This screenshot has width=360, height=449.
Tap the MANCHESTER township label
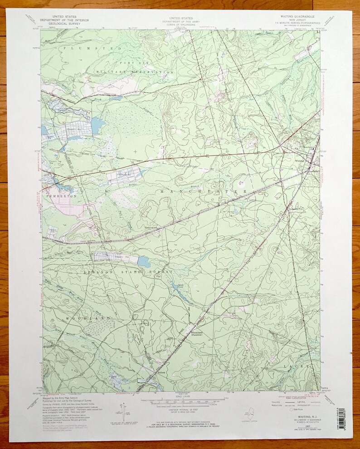click(204, 192)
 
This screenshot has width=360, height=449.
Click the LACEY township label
click(297, 366)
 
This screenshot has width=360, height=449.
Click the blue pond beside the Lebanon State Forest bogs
click(143, 262)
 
